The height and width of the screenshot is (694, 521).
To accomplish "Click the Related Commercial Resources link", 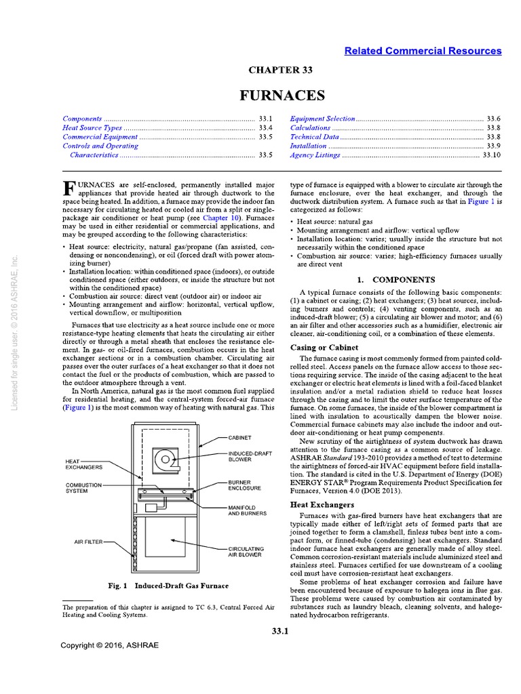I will coord(423,51).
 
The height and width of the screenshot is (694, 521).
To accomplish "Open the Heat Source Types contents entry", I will coord(92,127).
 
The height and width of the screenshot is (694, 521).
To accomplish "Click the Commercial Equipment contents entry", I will coord(100,136).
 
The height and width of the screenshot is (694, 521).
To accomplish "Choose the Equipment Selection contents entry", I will coord(322,119).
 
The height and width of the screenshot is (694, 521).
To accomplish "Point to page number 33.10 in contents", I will coord(491,155).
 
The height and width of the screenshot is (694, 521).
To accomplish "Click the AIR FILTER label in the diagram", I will coord(88,542).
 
